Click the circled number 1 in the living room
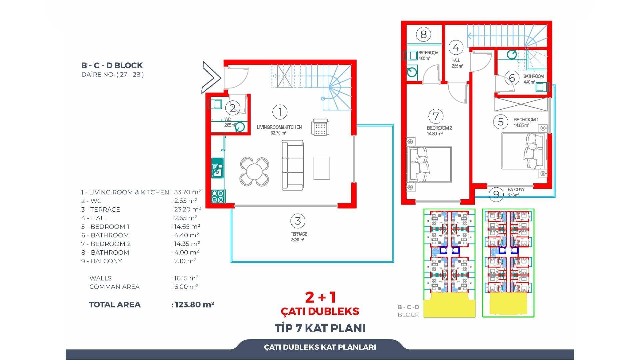click(x=280, y=112)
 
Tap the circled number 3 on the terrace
click(x=298, y=221)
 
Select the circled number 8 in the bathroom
click(x=423, y=34)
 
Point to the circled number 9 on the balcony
click(x=496, y=194)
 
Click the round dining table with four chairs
click(x=254, y=172)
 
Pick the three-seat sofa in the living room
click(x=293, y=165)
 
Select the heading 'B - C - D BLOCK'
click(x=112, y=65)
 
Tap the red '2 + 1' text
click(x=320, y=297)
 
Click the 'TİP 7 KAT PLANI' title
click(x=320, y=328)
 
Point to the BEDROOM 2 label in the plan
click(x=439, y=128)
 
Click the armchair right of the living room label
click(x=320, y=127)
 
